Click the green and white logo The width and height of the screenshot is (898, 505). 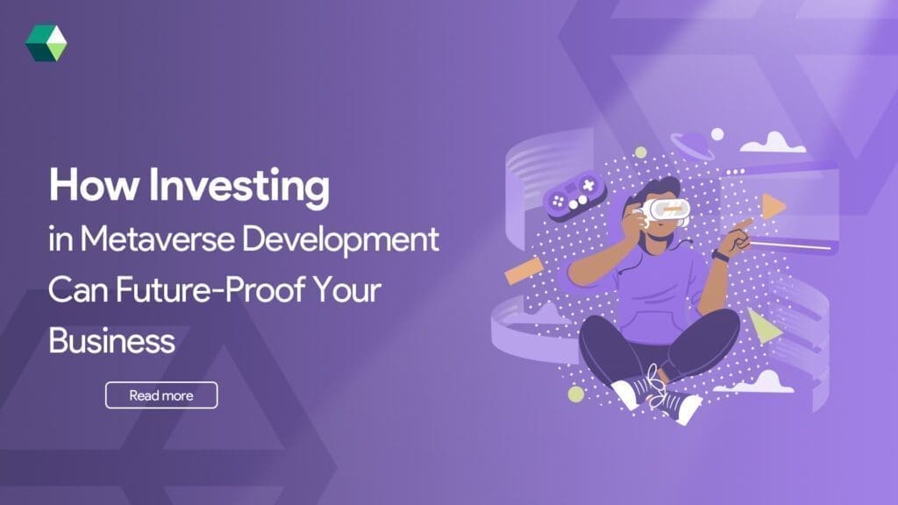pos(46,44)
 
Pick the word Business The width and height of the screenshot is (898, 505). pos(111,340)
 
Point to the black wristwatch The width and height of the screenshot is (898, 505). pos(720,256)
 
